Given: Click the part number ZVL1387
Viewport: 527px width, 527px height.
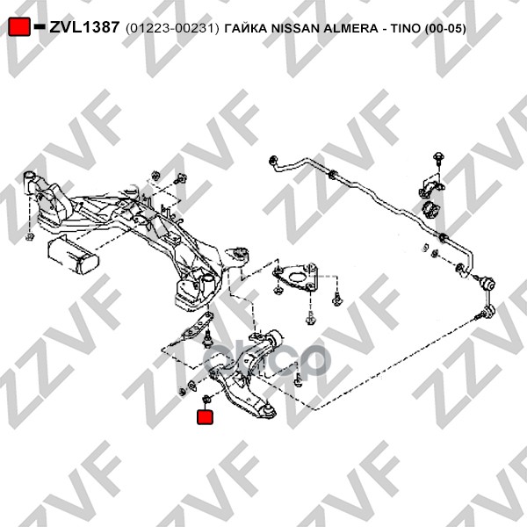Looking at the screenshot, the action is click(84, 27).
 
